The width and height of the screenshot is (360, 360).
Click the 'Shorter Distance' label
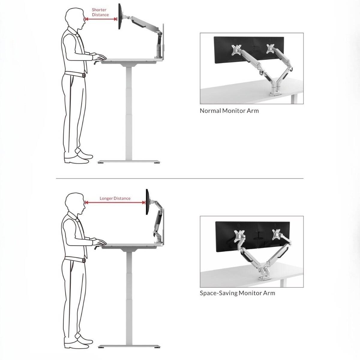tap(100, 12)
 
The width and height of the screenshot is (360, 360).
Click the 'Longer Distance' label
tap(115, 198)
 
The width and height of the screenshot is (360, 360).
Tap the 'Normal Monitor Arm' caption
tap(229, 111)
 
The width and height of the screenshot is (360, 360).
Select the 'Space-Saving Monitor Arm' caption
tap(237, 293)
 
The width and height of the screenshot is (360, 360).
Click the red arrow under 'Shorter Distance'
tap(101, 19)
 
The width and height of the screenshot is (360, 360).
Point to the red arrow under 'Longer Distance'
tap(115, 202)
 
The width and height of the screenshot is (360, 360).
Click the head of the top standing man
tap(74, 19)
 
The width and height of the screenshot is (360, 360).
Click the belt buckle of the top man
tap(84, 76)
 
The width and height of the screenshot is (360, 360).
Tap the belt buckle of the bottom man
tap(84, 260)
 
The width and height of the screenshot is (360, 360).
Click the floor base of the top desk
tap(129, 162)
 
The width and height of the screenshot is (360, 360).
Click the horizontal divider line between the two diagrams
tap(180, 178)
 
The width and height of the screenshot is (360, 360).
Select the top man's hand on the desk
tap(100, 57)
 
